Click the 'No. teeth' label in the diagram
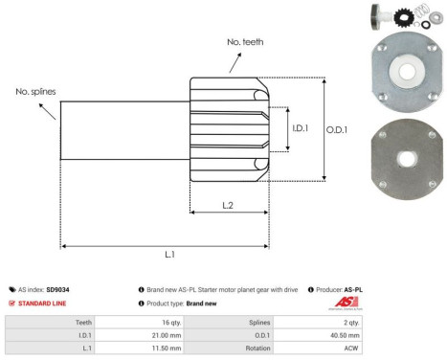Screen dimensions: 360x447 click(247, 42)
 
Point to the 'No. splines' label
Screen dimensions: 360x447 click(35, 91)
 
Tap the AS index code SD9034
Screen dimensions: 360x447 click(58, 287)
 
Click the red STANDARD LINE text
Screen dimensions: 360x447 click(42, 304)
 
